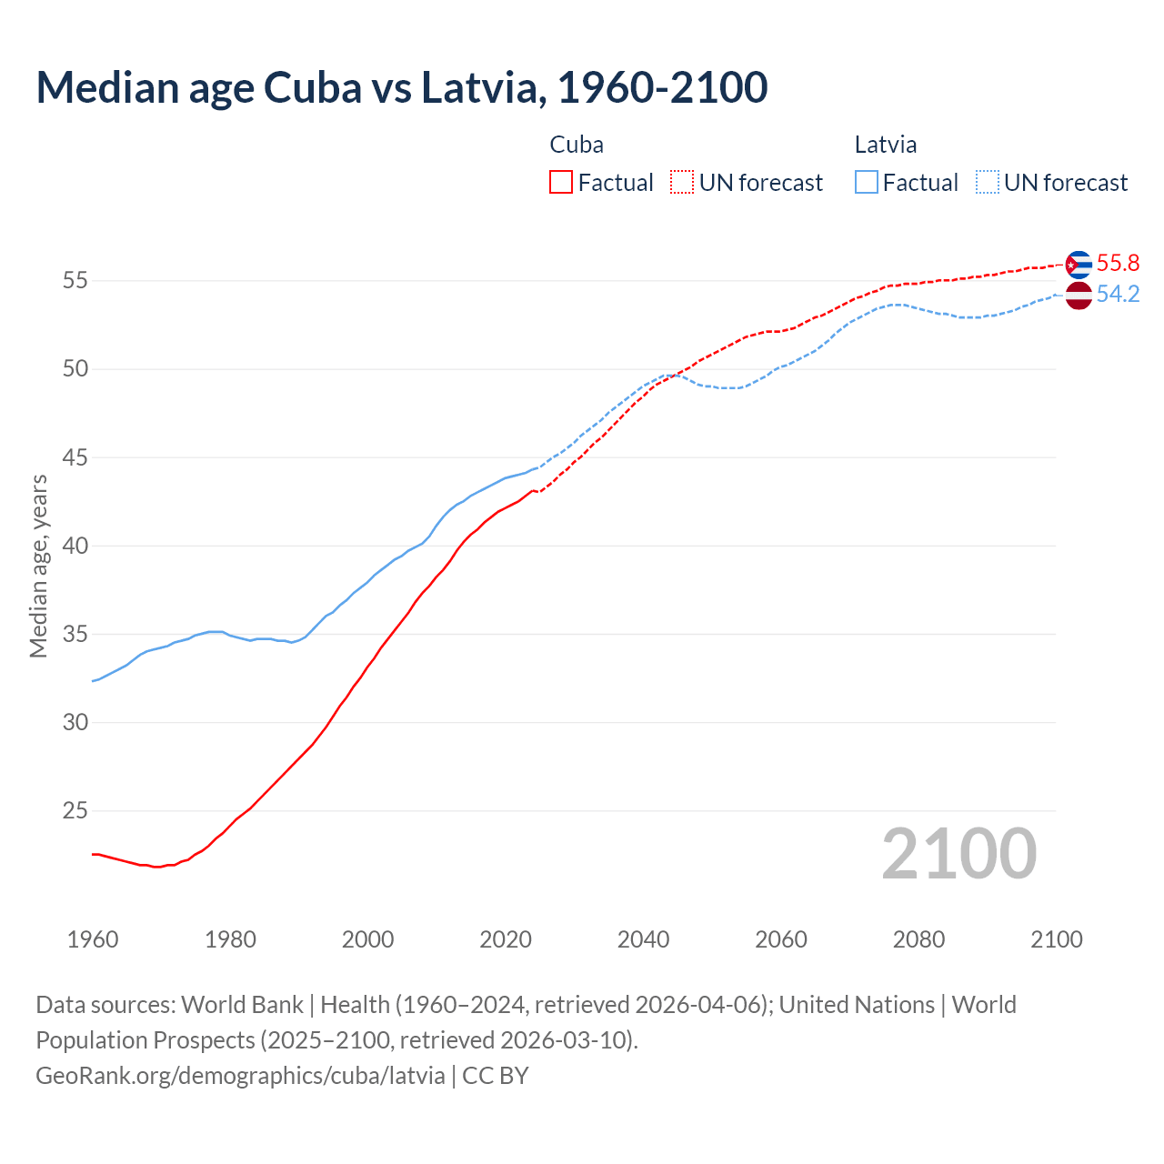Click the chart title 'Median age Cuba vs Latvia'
tap(401, 87)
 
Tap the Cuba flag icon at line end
tap(1079, 265)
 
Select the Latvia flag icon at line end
tap(1079, 296)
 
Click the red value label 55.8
tap(1118, 264)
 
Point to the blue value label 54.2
tap(1118, 295)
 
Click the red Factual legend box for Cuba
tap(561, 183)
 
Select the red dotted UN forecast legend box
tap(682, 183)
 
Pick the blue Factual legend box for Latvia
tap(867, 183)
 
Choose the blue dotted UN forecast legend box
tap(988, 183)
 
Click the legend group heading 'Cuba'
tap(577, 145)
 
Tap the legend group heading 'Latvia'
tap(886, 145)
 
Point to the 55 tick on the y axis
tap(75, 281)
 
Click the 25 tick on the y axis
tap(75, 811)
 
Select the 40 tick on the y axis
tap(75, 547)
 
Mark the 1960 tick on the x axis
tap(93, 939)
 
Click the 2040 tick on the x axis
tap(643, 939)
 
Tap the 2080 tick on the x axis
tap(918, 939)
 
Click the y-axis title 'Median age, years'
tap(38, 566)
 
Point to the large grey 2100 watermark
tap(959, 854)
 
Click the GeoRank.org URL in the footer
tap(240, 1076)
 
